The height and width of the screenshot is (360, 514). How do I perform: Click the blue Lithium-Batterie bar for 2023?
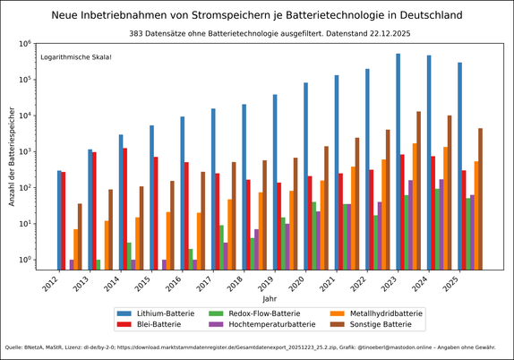point(398,161)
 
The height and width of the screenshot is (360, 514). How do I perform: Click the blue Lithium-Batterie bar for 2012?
point(60,219)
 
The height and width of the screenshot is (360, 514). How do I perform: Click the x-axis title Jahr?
point(270,297)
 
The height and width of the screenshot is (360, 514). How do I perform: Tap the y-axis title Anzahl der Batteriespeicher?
point(12,157)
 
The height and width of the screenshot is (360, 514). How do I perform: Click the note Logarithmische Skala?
point(77,57)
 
